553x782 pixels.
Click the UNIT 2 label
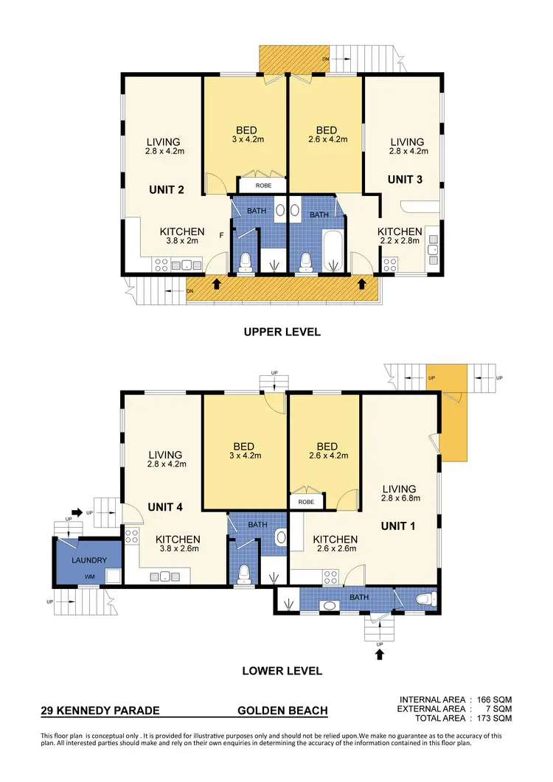coord(166,189)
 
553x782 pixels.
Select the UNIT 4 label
coord(166,507)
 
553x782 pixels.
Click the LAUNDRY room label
coord(88,560)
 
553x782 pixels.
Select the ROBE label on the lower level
coord(306,501)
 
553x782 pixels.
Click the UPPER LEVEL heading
coord(282,332)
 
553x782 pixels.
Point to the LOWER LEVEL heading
coord(282,671)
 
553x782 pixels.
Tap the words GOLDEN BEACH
coord(282,711)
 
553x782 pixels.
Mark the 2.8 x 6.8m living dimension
coord(400,498)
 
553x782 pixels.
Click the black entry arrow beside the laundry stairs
coord(77,511)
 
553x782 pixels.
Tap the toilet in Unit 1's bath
coord(425,600)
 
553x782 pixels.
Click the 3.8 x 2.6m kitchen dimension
coord(178,548)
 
